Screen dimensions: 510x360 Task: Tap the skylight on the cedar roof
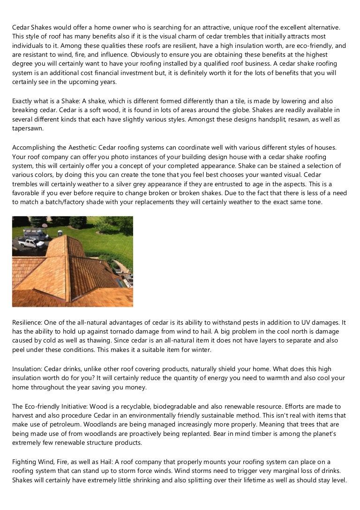coord(120,282)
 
